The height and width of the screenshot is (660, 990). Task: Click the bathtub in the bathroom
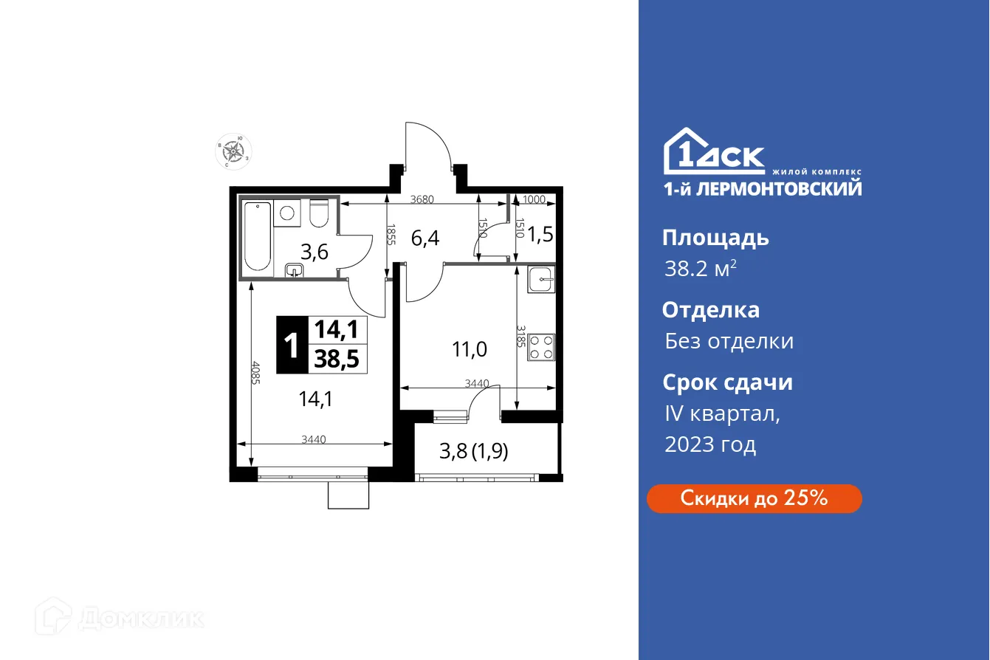click(258, 236)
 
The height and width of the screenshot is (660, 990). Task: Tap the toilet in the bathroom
click(319, 213)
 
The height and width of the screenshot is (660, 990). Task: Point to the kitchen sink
click(542, 278)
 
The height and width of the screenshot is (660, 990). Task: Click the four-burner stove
click(542, 347)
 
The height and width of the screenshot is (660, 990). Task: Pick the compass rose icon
click(234, 151)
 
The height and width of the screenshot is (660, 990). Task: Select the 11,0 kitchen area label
click(470, 348)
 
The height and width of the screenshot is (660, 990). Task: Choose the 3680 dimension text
click(422, 199)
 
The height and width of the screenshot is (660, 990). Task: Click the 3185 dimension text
click(520, 337)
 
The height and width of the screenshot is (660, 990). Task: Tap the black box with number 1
click(292, 345)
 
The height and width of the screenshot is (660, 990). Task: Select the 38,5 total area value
click(336, 359)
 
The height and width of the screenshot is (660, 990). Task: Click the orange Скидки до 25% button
click(754, 498)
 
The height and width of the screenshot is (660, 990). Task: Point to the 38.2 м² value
click(700, 269)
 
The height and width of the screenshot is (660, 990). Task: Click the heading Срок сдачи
click(727, 382)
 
